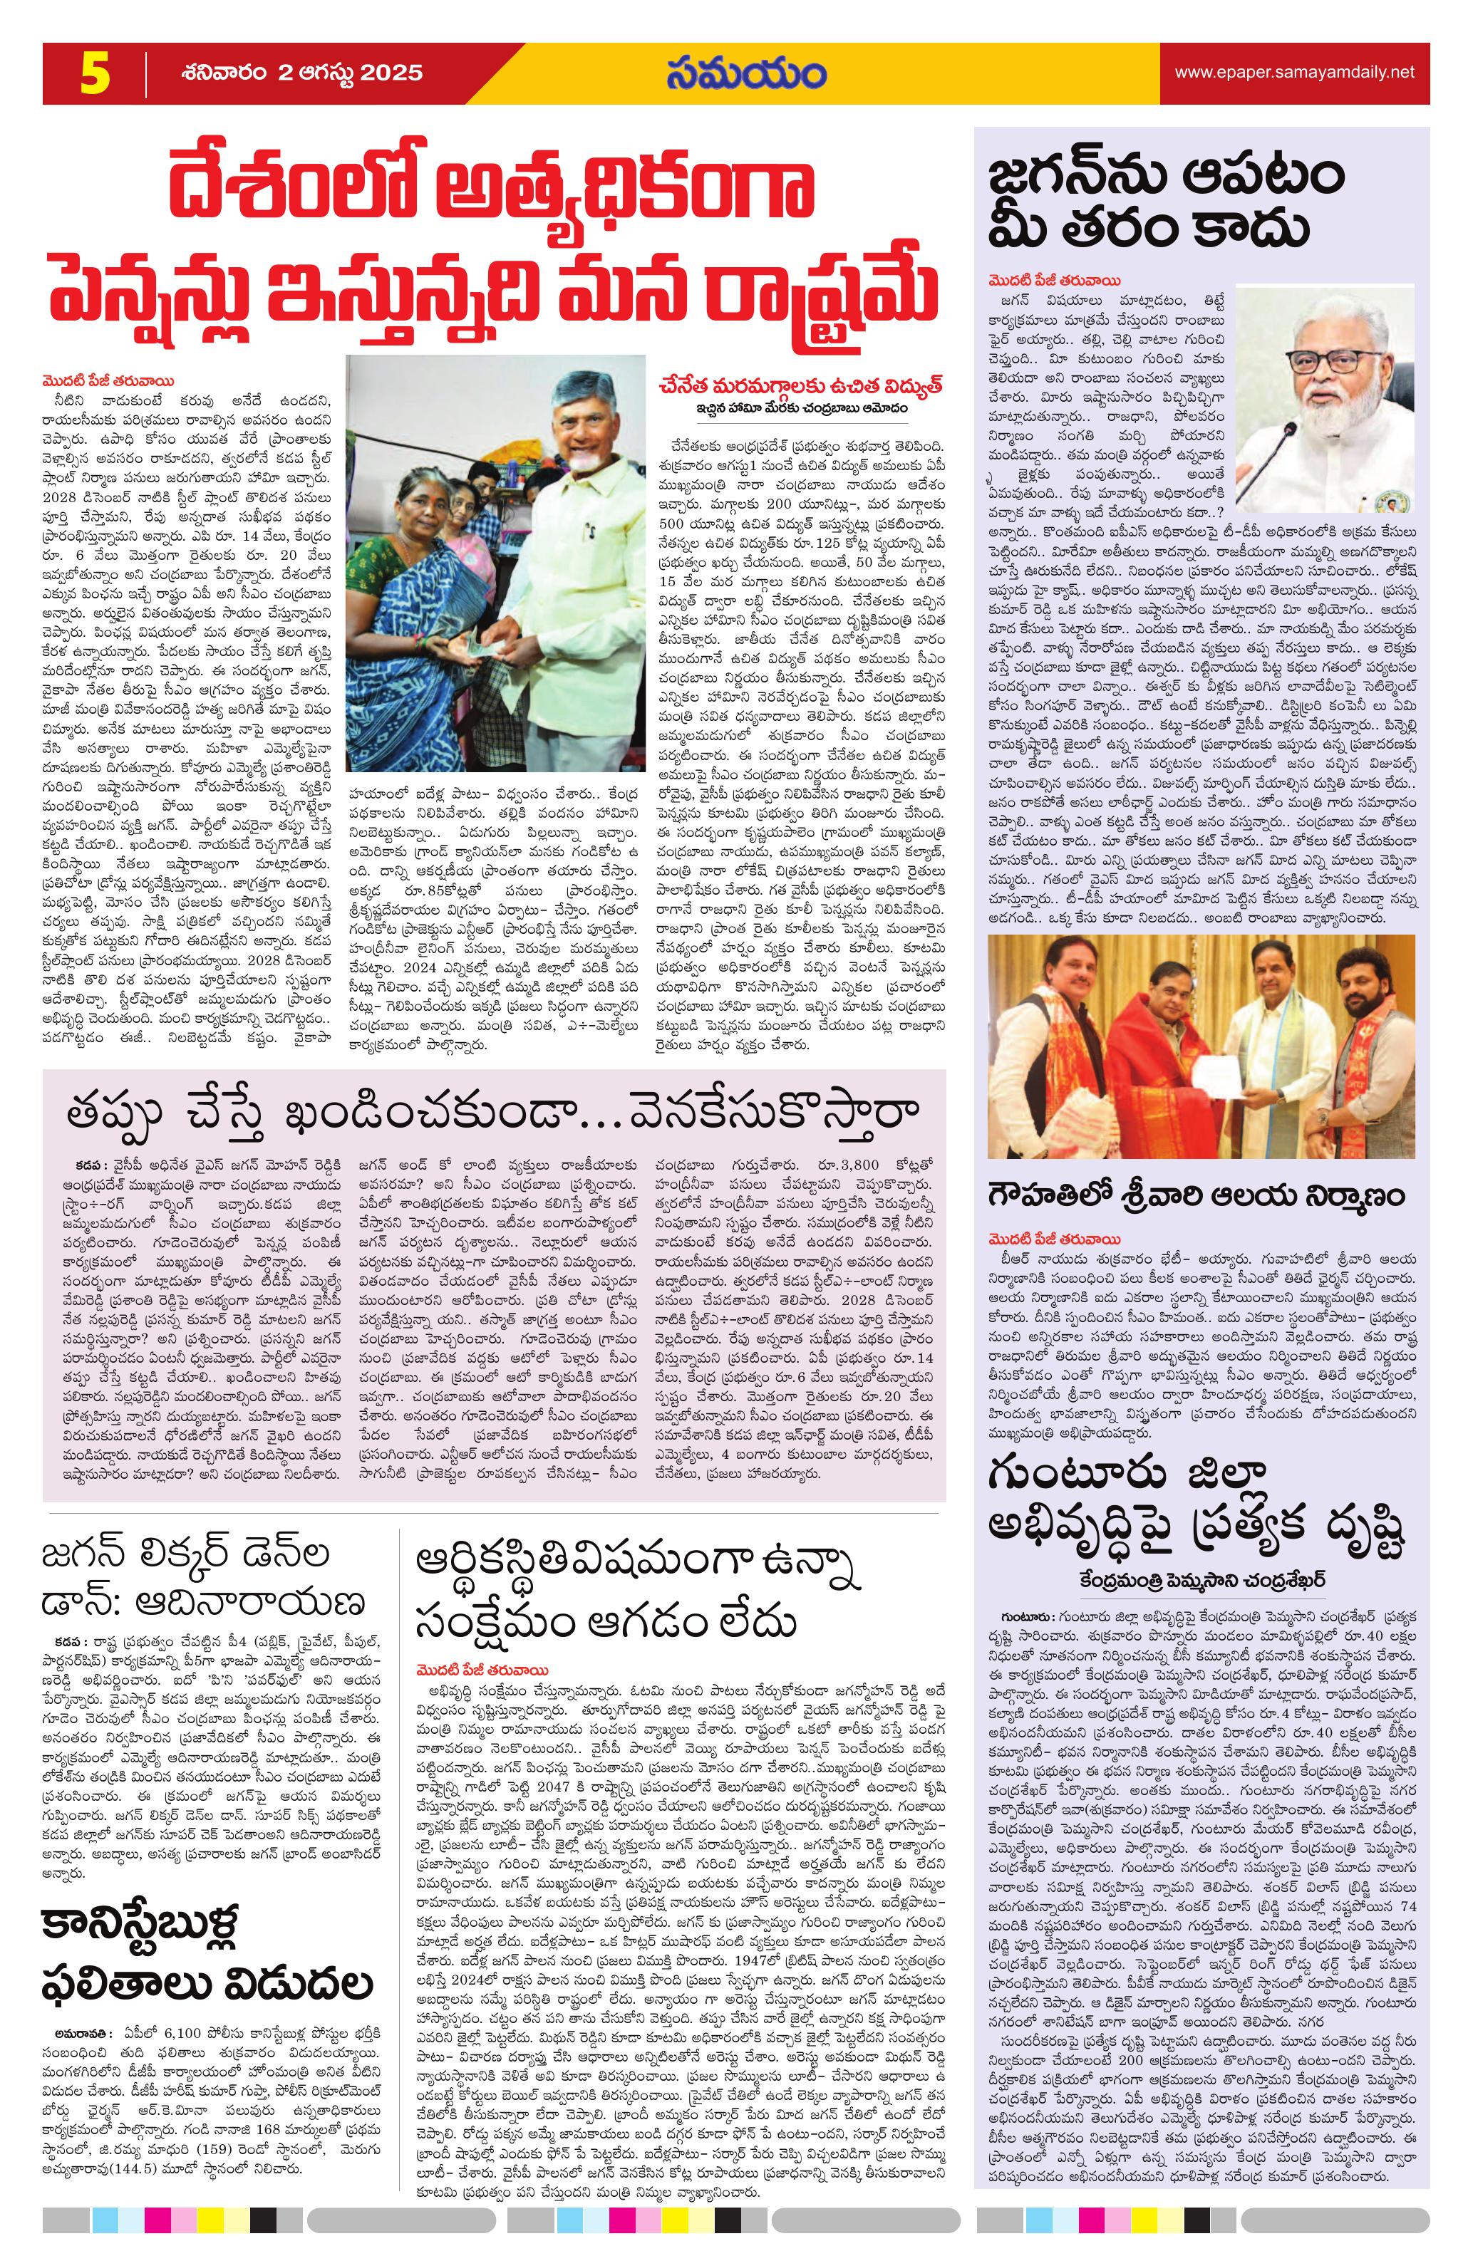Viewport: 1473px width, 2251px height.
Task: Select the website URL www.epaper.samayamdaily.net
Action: coord(1294,72)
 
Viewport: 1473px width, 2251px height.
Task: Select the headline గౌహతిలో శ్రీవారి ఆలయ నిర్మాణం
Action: coord(1197,1194)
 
